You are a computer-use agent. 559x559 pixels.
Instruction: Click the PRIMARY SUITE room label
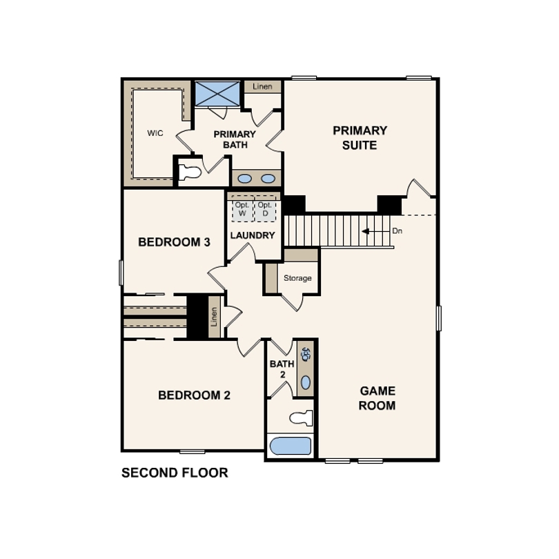coord(360,138)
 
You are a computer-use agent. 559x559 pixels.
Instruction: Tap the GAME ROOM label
coord(377,398)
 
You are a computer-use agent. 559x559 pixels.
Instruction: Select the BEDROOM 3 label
coord(174,242)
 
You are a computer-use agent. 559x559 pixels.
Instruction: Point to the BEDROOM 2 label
coord(194,395)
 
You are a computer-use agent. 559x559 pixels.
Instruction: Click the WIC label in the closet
coord(155,133)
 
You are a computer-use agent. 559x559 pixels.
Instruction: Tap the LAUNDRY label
coord(253,235)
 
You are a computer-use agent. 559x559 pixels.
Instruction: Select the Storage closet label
coord(297,278)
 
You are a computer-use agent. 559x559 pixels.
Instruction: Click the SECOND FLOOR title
coord(175,473)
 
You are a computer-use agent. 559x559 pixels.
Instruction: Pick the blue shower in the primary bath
coord(217,94)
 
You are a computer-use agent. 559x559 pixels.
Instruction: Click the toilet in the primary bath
coord(190,173)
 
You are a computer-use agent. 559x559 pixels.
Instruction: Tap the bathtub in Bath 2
coord(290,446)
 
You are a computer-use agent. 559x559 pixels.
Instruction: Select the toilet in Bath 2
coord(302,418)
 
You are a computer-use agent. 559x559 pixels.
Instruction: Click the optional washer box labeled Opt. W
coord(243,210)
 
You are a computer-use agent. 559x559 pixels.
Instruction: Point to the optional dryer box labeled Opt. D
coord(265,210)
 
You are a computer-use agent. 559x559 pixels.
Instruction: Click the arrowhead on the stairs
coord(365,231)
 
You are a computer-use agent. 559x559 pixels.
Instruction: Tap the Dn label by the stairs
coord(397,231)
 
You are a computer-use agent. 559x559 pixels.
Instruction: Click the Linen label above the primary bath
coord(262,87)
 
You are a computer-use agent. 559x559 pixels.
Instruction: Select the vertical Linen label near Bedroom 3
coord(214,317)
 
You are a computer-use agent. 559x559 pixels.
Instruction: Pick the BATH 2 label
coord(282,369)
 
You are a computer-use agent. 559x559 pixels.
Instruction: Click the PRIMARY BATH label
coord(235,139)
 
